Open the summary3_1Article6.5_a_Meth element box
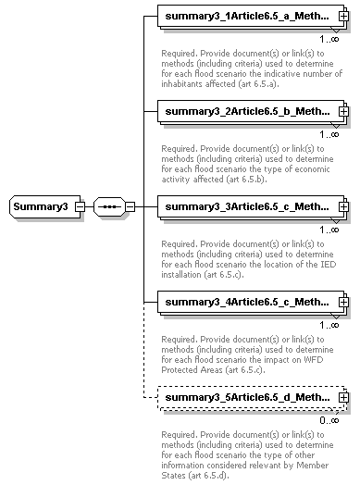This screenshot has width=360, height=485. click(x=246, y=18)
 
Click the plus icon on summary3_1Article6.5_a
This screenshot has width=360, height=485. click(x=343, y=18)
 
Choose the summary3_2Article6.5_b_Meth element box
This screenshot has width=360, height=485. click(x=246, y=112)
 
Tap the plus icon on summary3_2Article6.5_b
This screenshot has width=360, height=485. click(x=343, y=112)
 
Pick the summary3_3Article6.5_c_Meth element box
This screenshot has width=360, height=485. click(x=246, y=206)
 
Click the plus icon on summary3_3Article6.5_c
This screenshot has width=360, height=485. click(x=343, y=206)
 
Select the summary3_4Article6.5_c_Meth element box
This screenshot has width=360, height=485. click(x=246, y=302)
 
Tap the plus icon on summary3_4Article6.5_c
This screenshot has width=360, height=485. click(x=343, y=302)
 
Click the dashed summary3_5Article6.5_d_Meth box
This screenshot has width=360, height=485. click(x=246, y=398)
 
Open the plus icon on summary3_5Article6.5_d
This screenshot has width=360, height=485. click(x=343, y=398)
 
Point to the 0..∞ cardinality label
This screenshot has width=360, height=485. click(x=329, y=419)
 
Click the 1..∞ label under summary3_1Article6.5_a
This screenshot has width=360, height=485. click(x=329, y=39)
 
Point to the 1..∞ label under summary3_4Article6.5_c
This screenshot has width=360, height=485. click(x=329, y=324)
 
